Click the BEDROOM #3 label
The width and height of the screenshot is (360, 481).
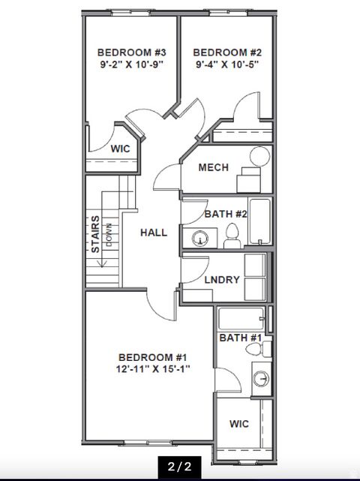(131, 52)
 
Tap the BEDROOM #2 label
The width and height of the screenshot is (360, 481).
(227, 52)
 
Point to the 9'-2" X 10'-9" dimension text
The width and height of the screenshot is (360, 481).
(131, 65)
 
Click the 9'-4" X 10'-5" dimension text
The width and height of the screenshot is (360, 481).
(227, 65)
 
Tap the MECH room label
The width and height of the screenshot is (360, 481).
(213, 167)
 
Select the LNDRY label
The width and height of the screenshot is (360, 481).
(222, 280)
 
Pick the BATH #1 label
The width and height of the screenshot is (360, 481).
(239, 338)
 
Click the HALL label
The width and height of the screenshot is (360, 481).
(154, 233)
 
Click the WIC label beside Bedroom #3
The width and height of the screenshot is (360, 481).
(120, 149)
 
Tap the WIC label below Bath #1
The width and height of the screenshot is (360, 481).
(239, 424)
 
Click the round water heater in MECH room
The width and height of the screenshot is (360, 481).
(259, 157)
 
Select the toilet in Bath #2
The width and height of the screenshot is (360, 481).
(232, 235)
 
